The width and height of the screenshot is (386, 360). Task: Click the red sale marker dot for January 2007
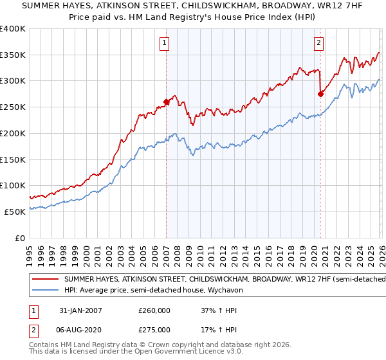[166, 102]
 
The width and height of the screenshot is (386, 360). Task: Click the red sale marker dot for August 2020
[320, 94]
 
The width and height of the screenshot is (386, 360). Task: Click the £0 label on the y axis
[21, 238]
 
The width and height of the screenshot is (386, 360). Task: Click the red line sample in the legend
[46, 279]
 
